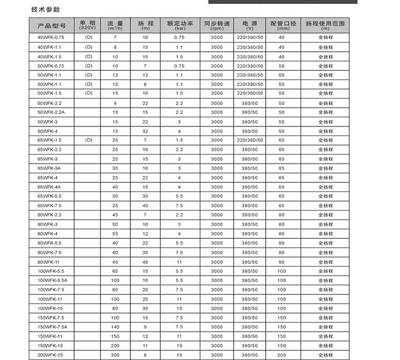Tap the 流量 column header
115,25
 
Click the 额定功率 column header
179,25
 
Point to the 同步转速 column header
217,25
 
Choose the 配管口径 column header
282,25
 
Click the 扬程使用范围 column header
325,25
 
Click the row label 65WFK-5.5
50,196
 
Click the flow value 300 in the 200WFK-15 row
115,355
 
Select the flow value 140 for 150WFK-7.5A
115,327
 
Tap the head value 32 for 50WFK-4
145,131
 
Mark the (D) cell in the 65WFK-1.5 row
89,140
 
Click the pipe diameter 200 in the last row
282,355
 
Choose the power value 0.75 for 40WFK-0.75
179,37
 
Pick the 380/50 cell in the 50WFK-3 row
249,122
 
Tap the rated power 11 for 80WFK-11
179,262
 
